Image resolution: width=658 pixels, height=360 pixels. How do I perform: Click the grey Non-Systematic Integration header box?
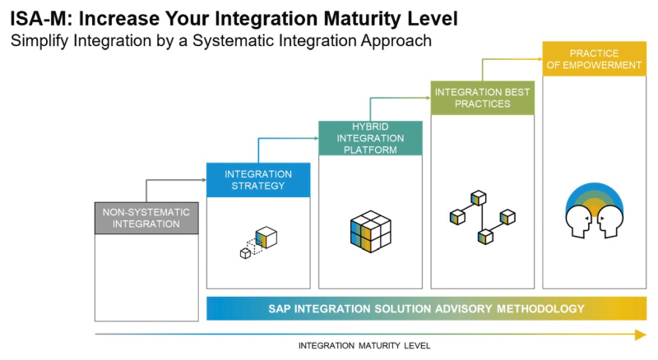(146, 218)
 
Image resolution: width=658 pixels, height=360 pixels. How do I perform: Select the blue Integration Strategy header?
(258, 180)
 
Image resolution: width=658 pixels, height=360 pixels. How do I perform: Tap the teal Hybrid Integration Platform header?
(371, 138)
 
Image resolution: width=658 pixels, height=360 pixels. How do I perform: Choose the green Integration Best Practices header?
(483, 97)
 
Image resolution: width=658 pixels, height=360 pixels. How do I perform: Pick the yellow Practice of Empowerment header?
(594, 59)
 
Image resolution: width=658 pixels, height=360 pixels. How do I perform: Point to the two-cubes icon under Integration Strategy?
(258, 242)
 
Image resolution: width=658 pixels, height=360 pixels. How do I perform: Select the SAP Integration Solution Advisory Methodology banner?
(426, 309)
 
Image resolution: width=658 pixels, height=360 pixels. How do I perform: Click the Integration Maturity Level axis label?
(364, 345)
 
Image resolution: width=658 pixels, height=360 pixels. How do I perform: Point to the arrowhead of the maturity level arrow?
(641, 334)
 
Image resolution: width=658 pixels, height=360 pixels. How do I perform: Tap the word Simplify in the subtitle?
(39, 41)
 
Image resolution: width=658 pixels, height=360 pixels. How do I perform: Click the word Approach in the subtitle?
(396, 41)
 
